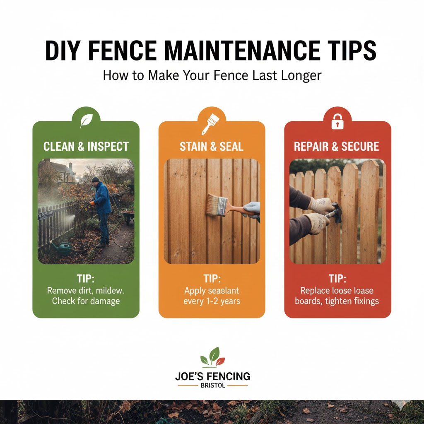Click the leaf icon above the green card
[x=86, y=120]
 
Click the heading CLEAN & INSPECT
[x=86, y=147]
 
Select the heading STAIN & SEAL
[x=212, y=147]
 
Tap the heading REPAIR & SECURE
[x=337, y=147]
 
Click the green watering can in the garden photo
[x=61, y=248]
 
